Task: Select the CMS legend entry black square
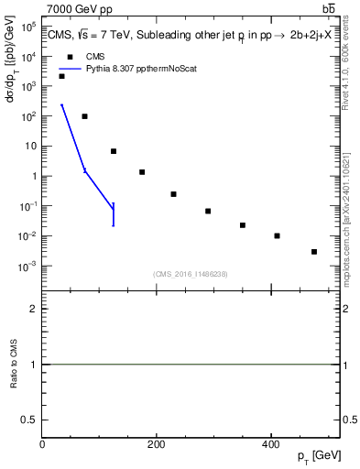pyautogui.click(x=70, y=56)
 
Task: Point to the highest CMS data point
pyautogui.click(x=61, y=76)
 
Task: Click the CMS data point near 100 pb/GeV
pyautogui.click(x=84, y=116)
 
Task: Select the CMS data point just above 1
pyautogui.click(x=142, y=172)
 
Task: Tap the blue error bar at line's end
pyautogui.click(x=113, y=213)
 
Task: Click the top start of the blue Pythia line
pyautogui.click(x=61, y=105)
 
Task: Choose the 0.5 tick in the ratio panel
pyautogui.click(x=29, y=419)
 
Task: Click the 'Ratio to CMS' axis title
pyautogui.click(x=14, y=364)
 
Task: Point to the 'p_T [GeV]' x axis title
pyautogui.click(x=320, y=456)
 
